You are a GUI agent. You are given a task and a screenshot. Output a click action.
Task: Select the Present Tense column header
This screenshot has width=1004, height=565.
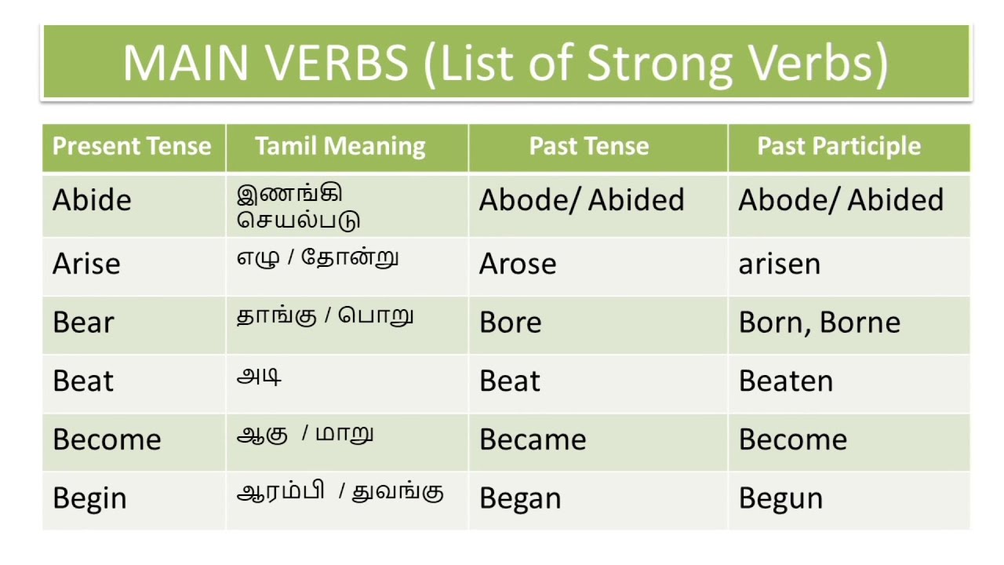tap(132, 147)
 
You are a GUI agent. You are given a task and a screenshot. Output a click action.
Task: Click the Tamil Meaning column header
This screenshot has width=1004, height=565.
tap(340, 147)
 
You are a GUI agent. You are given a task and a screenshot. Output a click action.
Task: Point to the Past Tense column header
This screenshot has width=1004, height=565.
tap(589, 147)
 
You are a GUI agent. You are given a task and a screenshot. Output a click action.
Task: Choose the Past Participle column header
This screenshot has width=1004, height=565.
tap(838, 147)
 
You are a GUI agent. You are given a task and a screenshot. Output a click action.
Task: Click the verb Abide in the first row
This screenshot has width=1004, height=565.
tap(92, 200)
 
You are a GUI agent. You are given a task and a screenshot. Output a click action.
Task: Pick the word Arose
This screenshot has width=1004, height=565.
tap(518, 264)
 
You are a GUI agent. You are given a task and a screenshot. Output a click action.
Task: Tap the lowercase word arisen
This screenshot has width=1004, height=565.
tap(779, 264)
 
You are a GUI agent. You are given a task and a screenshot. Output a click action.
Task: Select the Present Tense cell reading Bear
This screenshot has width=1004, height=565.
tap(83, 323)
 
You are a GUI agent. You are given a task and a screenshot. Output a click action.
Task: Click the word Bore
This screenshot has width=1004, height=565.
tap(510, 323)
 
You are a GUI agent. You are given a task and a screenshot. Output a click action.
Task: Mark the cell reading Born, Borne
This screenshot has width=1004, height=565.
tap(819, 323)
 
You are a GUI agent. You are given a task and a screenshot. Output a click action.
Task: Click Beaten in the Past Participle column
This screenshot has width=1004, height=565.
tap(785, 381)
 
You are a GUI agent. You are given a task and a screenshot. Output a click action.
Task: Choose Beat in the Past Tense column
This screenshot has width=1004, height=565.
tap(510, 381)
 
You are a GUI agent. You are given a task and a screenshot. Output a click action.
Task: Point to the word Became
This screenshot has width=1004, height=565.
tap(533, 439)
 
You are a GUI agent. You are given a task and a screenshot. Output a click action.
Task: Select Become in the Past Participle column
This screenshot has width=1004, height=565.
tap(792, 439)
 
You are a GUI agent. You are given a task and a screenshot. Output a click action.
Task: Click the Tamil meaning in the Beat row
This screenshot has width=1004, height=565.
tap(259, 377)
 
